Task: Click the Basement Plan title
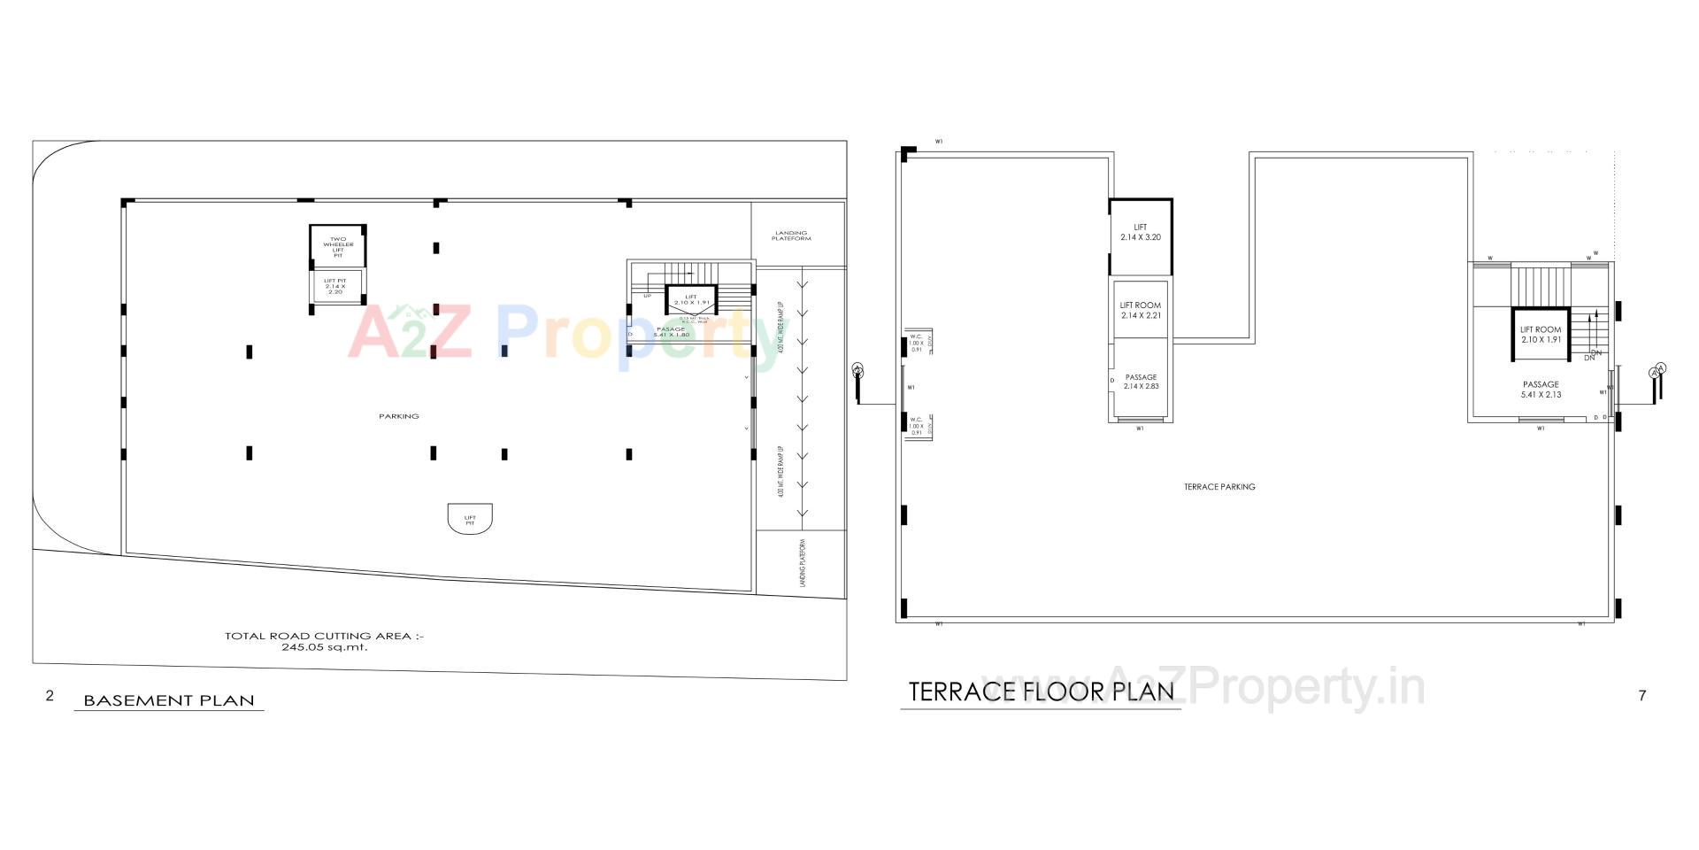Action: coord(168,700)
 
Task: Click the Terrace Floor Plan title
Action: coord(1042,692)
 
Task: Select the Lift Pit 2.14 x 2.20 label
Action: coord(335,286)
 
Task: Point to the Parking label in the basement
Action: coord(399,416)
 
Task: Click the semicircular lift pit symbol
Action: coord(470,518)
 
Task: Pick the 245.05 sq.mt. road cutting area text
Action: coord(324,646)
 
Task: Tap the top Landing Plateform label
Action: coord(791,236)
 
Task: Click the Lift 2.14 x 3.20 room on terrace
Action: coord(1140,234)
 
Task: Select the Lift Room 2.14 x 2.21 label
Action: coord(1140,310)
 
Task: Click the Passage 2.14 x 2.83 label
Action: coord(1141,382)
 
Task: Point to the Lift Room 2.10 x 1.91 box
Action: coord(1541,335)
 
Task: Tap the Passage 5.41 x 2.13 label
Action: coord(1541,390)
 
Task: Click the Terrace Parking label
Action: coord(1219,487)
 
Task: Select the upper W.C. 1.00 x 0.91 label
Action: coord(916,343)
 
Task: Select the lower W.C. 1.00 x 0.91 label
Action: coord(916,426)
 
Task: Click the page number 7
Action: coord(1642,696)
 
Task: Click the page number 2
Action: coord(50,696)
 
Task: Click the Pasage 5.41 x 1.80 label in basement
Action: coord(671,332)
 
